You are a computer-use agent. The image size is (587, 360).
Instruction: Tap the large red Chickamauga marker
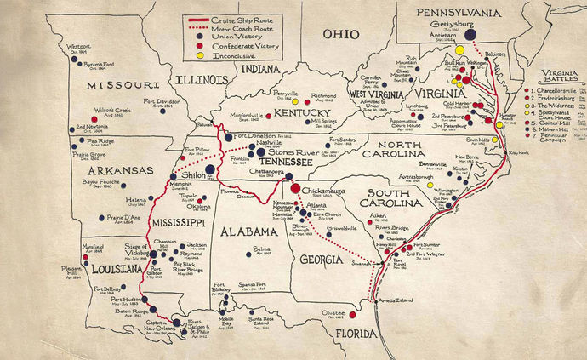coord(294,188)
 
